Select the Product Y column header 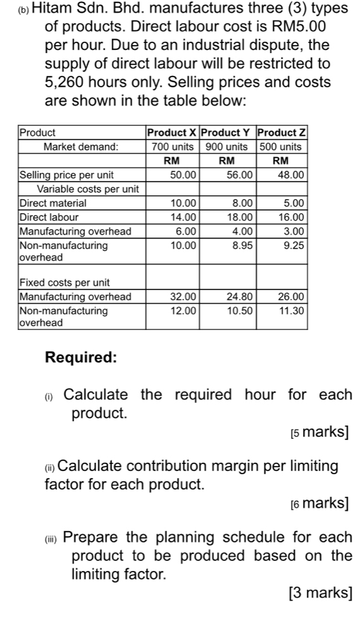[227, 133]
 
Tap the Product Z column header [282, 133]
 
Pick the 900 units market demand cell [227, 147]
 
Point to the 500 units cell [282, 147]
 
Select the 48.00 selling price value [294, 175]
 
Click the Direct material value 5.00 [296, 203]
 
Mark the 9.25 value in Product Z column [296, 245]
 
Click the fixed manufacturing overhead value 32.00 [185, 297]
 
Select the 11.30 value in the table [294, 310]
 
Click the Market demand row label [80, 147]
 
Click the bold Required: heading [81, 357]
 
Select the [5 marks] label [320, 432]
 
